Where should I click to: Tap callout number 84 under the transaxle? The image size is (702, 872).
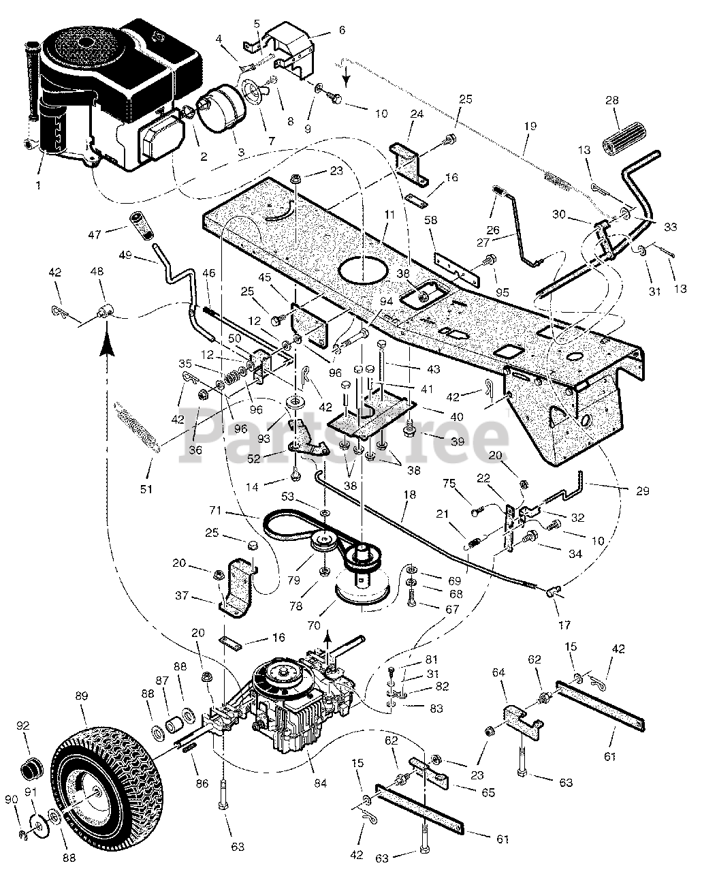(x=320, y=783)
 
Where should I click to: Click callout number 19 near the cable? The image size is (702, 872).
(x=530, y=126)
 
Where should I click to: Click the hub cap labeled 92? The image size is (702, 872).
(x=30, y=769)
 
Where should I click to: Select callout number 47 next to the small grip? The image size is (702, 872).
(x=95, y=234)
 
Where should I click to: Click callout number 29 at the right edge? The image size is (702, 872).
(x=642, y=490)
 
